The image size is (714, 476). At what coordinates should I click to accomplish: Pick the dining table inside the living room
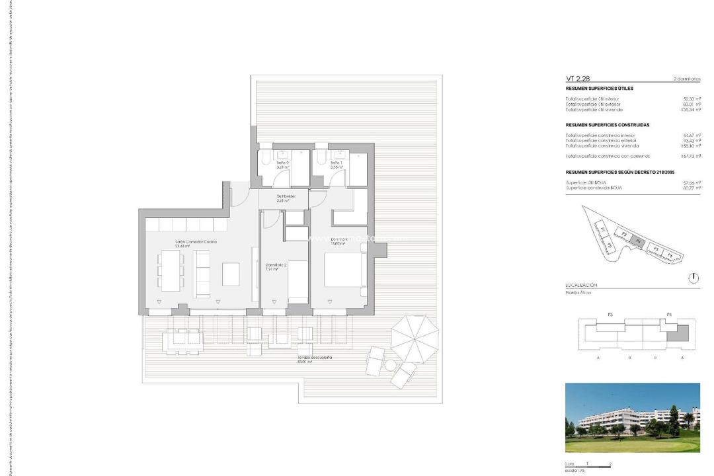[172, 272]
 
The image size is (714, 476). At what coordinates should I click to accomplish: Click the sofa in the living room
[202, 274]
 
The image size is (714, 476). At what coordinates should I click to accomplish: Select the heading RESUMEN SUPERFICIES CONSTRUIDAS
[608, 125]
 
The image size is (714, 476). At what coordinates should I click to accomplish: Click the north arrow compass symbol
[693, 278]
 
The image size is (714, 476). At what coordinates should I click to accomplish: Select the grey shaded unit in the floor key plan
[676, 336]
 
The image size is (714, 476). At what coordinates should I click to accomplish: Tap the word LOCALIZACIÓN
[581, 284]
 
